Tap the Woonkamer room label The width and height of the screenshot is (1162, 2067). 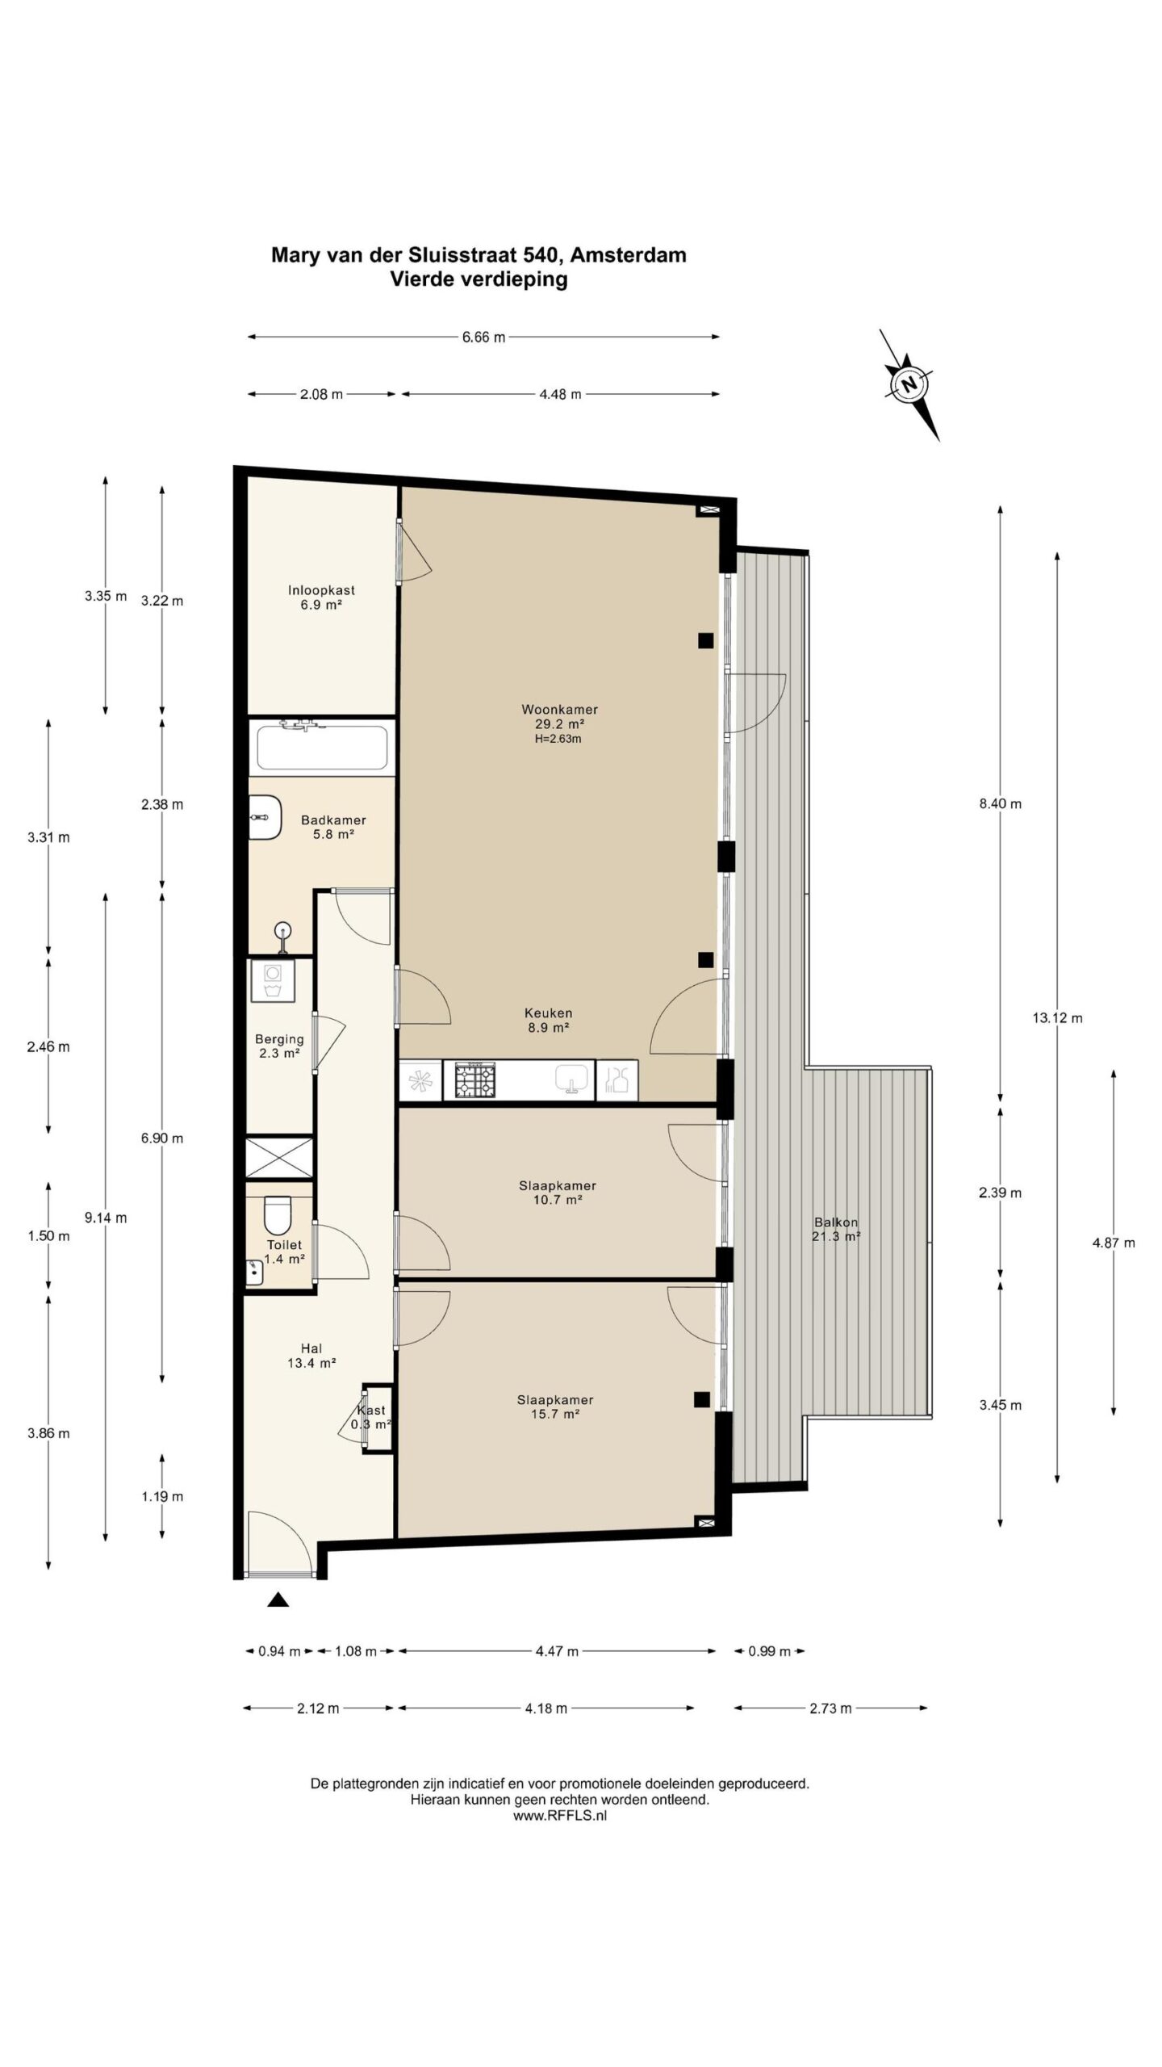pos(559,710)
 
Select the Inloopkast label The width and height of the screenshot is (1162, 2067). pos(321,590)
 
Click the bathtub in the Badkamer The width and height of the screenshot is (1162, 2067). pos(322,747)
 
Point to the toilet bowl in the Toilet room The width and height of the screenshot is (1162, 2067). pos(277,1214)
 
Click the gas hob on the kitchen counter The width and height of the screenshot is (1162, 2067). pos(475,1080)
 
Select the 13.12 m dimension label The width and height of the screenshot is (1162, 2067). pos(1057,1017)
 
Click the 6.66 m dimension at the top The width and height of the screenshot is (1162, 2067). pos(483,338)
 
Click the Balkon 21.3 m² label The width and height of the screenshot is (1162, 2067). pos(836,1228)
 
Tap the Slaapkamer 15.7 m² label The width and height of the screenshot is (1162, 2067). pos(555,1407)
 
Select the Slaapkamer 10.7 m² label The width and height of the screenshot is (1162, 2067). pos(557,1193)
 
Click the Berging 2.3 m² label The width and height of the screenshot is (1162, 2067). pos(279,1046)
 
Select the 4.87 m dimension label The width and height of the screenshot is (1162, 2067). pos(1114,1243)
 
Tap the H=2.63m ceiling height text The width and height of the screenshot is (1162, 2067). pos(558,738)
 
